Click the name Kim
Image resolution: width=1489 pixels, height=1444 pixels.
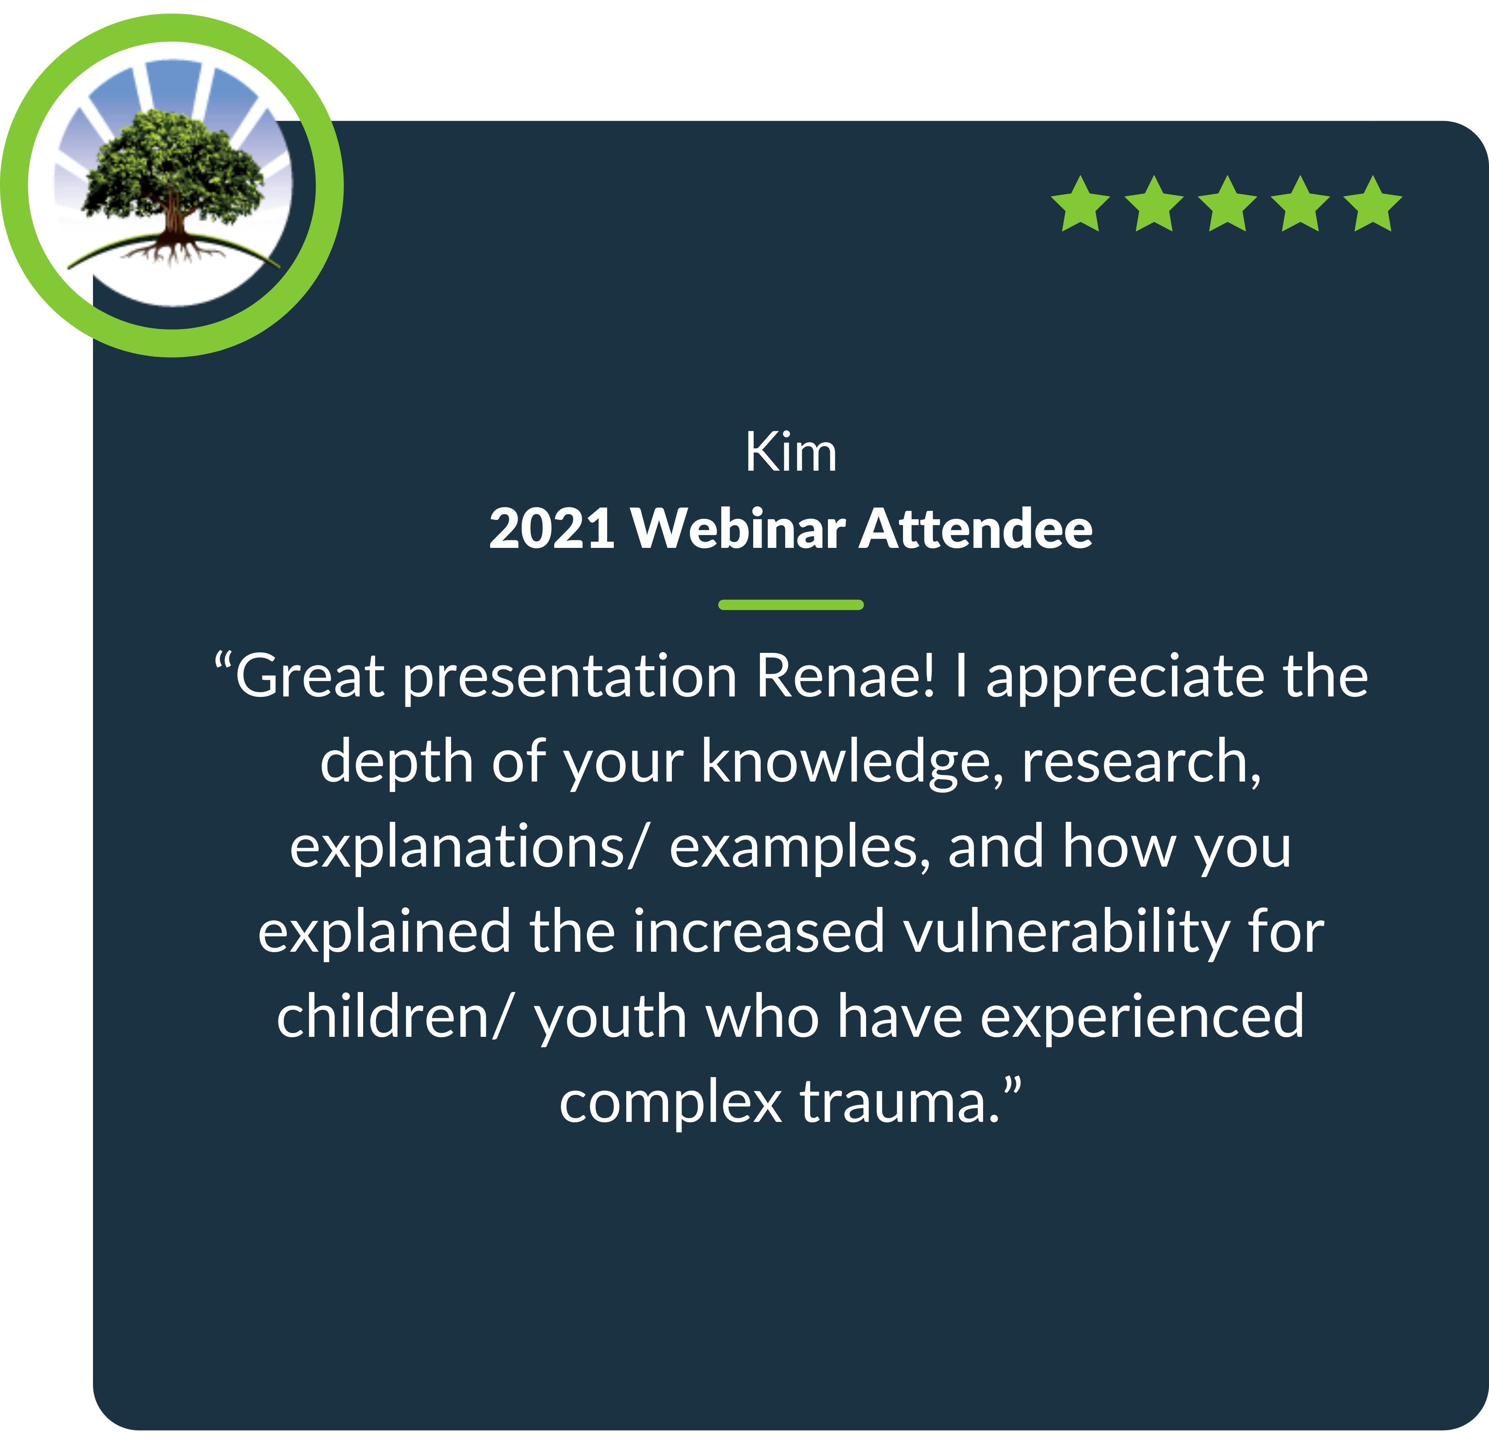[791, 452]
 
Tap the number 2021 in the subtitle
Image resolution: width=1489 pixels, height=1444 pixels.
[552, 528]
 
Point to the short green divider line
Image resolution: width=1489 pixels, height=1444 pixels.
[791, 605]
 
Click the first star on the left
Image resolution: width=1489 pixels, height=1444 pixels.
[1080, 204]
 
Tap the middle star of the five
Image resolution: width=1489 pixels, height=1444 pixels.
[1227, 204]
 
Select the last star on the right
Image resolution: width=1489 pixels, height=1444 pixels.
[1373, 204]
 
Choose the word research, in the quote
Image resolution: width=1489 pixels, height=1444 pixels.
[1142, 762]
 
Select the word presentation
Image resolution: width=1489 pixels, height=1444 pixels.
[570, 677]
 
